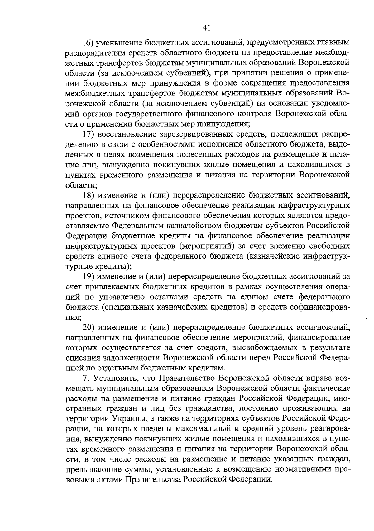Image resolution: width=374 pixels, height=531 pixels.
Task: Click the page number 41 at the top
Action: [x=206, y=28]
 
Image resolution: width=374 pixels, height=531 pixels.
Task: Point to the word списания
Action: [x=82, y=358]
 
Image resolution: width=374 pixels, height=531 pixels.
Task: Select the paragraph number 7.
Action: [x=86, y=379]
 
